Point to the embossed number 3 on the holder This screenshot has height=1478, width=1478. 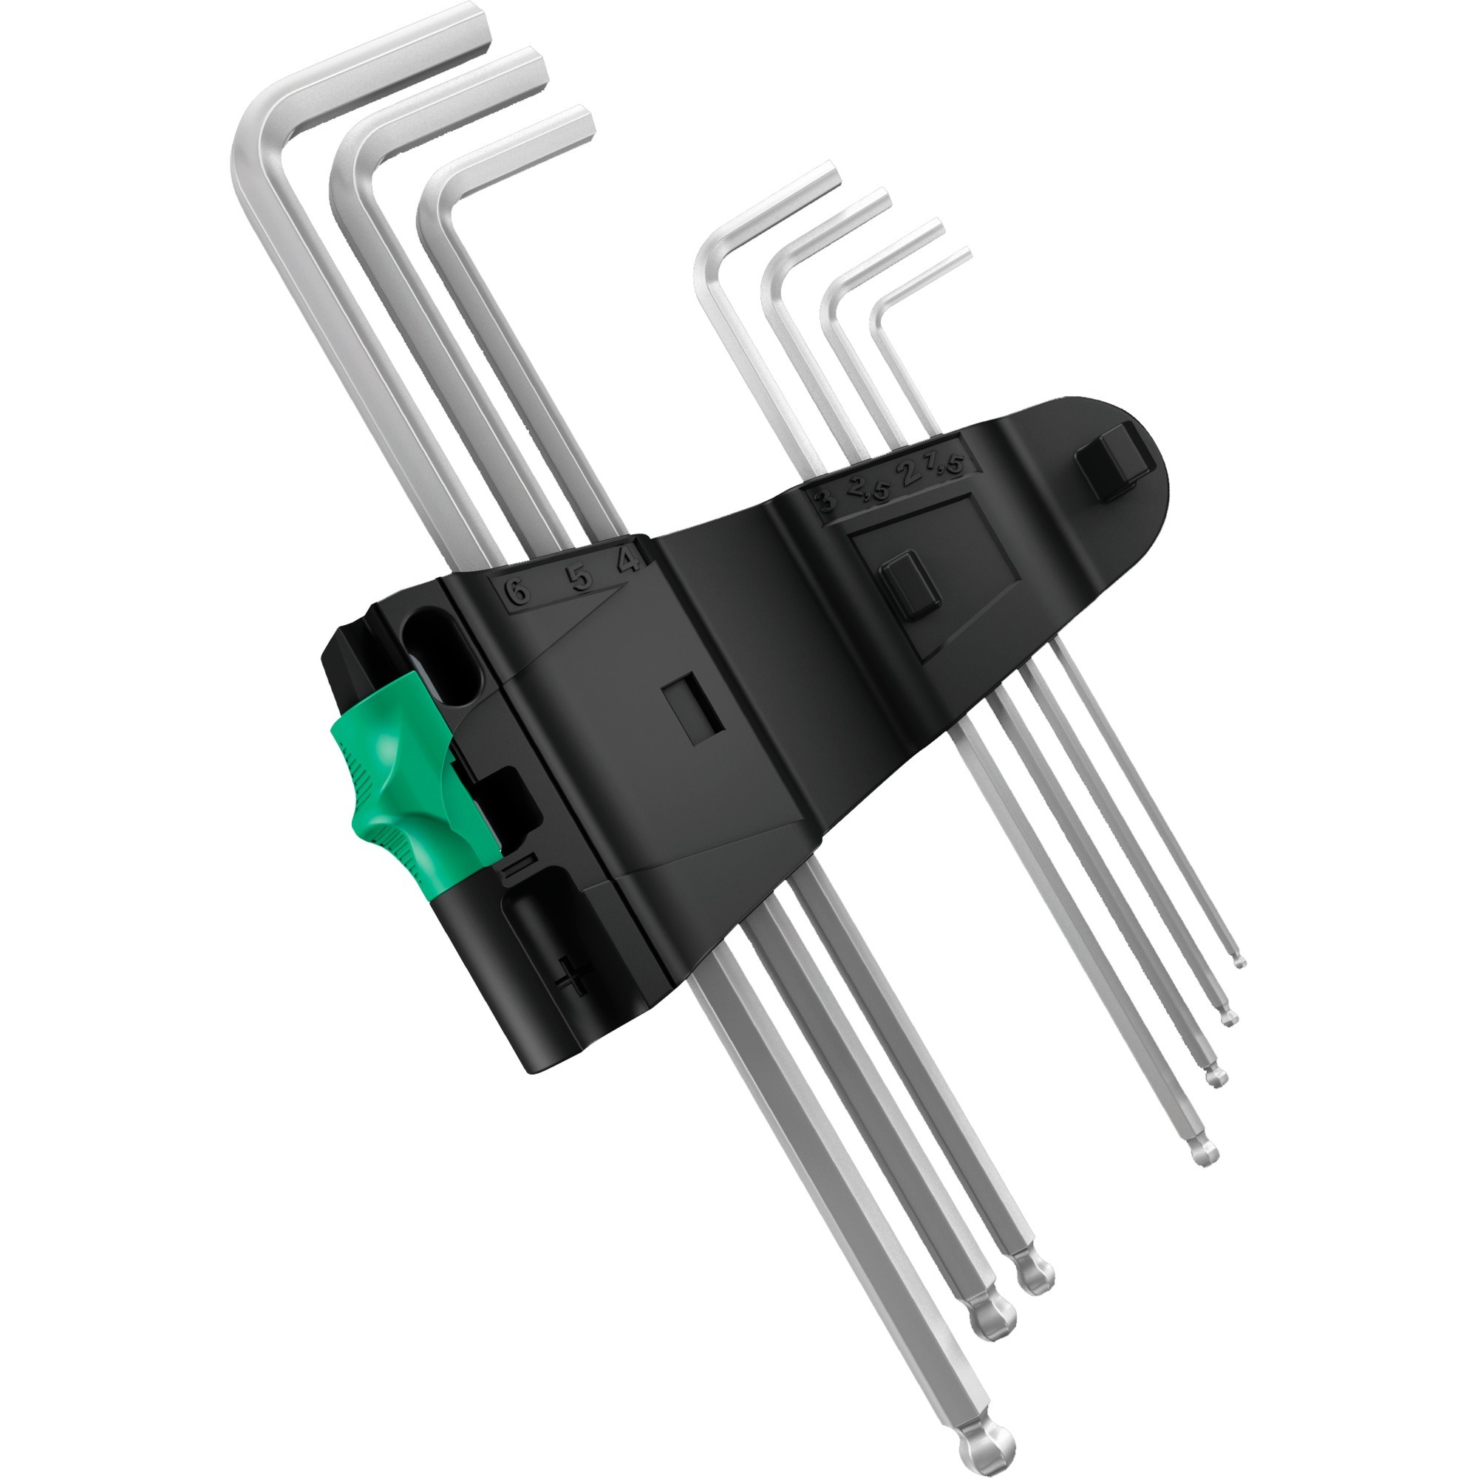[826, 503]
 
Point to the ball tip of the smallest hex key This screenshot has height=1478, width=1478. [1239, 961]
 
